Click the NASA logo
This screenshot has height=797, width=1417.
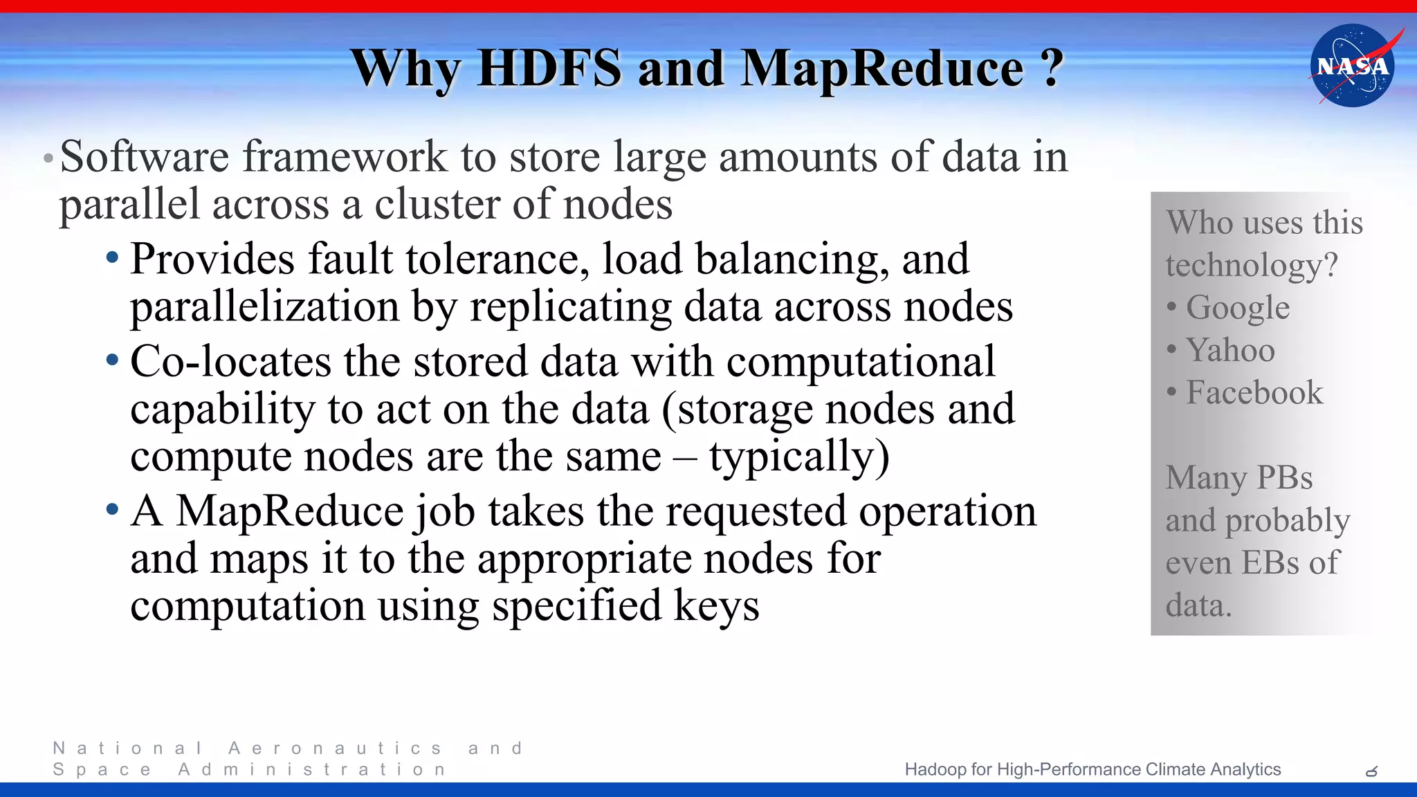pyautogui.click(x=1353, y=66)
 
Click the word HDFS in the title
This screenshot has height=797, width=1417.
pyautogui.click(x=549, y=68)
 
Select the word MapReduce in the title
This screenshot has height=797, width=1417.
pyautogui.click(x=882, y=68)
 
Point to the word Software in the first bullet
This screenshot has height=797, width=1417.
pyautogui.click(x=144, y=156)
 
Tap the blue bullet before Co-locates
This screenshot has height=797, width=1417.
pyautogui.click(x=113, y=360)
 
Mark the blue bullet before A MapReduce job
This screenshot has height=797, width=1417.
pyautogui.click(x=113, y=511)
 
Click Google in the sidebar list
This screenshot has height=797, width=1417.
pyautogui.click(x=1238, y=308)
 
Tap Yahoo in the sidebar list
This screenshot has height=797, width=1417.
pyautogui.click(x=1230, y=350)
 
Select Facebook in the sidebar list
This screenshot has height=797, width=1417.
pyautogui.click(x=1254, y=392)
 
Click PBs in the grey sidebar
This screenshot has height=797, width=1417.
pyautogui.click(x=1284, y=477)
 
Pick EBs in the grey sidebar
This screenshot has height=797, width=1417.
pyautogui.click(x=1271, y=562)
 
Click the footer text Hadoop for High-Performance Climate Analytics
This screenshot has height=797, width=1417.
pyautogui.click(x=1093, y=769)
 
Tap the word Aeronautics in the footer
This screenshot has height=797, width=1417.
pyautogui.click(x=336, y=749)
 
